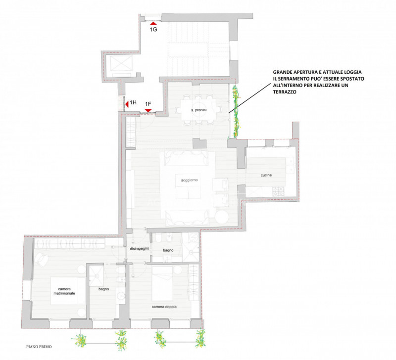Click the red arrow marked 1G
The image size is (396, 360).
153,23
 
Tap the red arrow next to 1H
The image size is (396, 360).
127,104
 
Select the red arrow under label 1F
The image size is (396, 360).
148,110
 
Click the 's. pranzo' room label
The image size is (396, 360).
199,110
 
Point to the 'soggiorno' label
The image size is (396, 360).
190,180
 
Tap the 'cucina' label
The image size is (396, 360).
266,175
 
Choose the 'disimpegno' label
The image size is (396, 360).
140,249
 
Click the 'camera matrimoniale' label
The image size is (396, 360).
64,291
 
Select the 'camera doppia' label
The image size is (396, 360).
164,307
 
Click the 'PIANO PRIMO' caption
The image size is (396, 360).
39,347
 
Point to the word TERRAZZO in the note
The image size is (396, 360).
285,92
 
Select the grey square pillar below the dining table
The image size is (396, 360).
199,143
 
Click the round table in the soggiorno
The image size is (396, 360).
222,217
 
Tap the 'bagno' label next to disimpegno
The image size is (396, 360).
168,250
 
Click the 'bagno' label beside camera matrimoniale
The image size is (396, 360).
103,289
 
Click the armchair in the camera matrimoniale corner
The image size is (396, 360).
41,260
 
